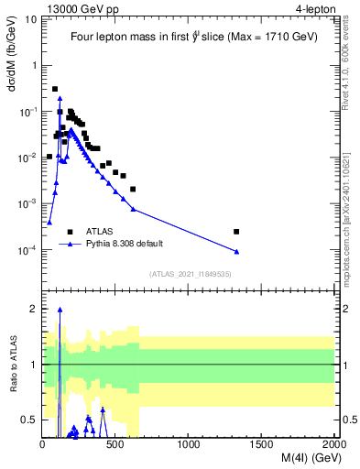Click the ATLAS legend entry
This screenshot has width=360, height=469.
(99, 232)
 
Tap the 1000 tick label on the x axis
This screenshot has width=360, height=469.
(189, 444)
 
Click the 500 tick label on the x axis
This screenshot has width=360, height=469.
(116, 444)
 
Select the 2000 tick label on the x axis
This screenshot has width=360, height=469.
(333, 444)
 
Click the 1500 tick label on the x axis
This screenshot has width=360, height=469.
(261, 444)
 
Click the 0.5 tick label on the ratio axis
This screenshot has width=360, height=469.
(29, 420)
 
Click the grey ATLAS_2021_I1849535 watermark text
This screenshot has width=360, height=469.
(189, 274)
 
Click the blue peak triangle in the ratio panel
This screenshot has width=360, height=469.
(60, 311)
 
